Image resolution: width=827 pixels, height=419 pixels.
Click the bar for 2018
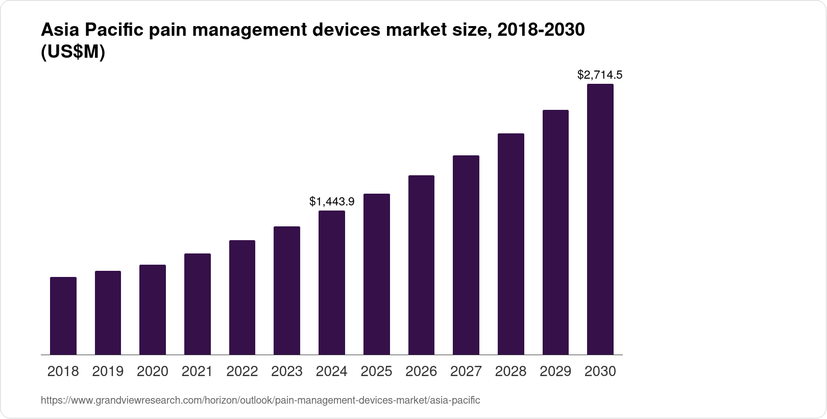tap(63, 316)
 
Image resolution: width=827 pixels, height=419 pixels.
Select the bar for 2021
tap(198, 304)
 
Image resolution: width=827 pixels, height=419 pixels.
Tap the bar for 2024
tap(332, 283)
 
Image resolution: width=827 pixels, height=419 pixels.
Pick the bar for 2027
tap(466, 255)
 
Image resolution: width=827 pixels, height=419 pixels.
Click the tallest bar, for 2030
tap(600, 219)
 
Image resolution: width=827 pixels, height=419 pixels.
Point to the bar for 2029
tap(555, 232)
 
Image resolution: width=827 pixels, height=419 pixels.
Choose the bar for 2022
tap(242, 297)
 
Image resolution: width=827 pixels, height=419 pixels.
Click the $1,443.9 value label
tap(332, 202)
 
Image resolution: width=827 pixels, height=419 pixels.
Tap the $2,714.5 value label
tap(600, 75)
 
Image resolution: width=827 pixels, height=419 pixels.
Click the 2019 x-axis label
tap(108, 371)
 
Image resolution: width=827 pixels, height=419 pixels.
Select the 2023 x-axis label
tap(287, 371)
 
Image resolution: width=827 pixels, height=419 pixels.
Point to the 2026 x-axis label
tap(421, 371)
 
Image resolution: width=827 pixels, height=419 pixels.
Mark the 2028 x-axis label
tap(510, 371)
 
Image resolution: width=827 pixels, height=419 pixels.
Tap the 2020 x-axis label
tap(153, 371)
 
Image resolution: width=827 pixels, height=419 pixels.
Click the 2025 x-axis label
tap(376, 371)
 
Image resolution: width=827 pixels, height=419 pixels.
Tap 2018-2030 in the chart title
tap(541, 31)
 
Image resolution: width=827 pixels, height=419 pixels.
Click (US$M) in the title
tap(72, 53)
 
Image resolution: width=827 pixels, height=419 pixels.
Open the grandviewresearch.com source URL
tap(260, 400)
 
